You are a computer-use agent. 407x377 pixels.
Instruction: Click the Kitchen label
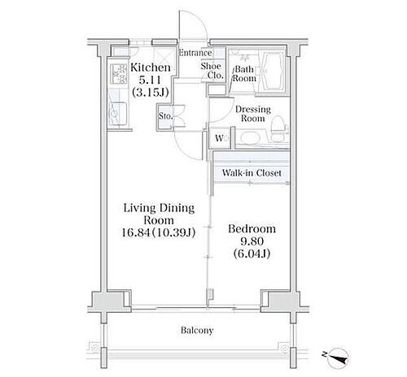(x=151, y=67)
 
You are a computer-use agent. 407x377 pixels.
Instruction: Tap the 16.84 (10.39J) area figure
(x=159, y=232)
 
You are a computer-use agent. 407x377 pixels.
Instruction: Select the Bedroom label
(x=252, y=229)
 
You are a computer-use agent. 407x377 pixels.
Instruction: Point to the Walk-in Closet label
(x=252, y=173)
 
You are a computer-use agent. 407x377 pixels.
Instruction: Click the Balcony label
(x=197, y=331)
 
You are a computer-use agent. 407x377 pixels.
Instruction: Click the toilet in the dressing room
(x=278, y=128)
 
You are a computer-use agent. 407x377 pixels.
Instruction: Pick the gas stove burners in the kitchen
(x=120, y=74)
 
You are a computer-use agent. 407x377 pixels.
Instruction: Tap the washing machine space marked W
(x=220, y=138)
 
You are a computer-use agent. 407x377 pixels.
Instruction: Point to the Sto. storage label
(x=165, y=116)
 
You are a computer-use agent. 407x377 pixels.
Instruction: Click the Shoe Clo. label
(x=212, y=71)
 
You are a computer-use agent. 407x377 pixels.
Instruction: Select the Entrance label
(x=195, y=53)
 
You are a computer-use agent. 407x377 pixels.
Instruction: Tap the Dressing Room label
(x=253, y=114)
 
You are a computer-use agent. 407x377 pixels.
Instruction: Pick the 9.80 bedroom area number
(x=252, y=241)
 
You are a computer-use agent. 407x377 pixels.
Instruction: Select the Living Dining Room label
(x=159, y=214)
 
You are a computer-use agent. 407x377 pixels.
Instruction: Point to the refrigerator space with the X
(x=164, y=60)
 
